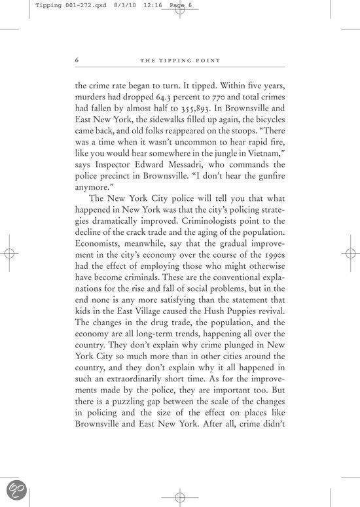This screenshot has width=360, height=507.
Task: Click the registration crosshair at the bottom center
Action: point(179,498)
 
